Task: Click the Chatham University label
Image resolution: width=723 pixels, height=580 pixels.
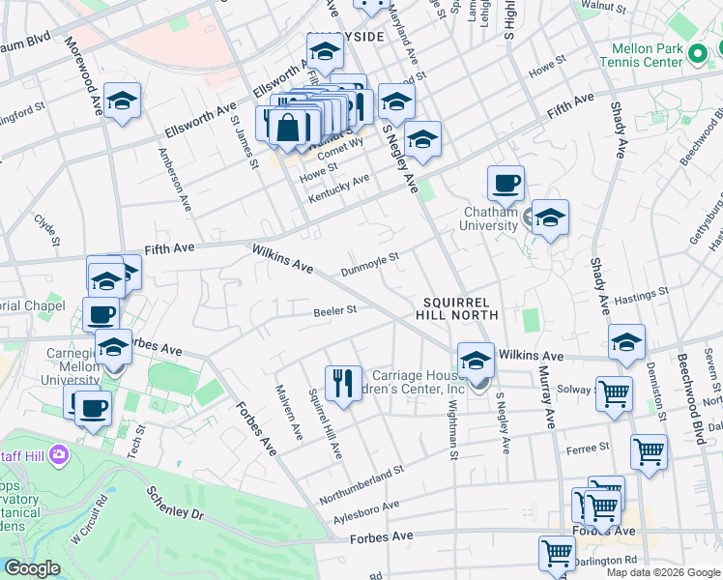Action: pyautogui.click(x=491, y=218)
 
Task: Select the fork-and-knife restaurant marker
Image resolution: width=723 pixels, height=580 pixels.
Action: pyautogui.click(x=343, y=384)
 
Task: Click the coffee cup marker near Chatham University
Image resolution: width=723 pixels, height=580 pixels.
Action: pyautogui.click(x=506, y=183)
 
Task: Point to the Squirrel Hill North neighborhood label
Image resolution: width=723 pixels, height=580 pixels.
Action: pyautogui.click(x=457, y=308)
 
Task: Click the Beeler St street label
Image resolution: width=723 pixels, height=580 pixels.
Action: pyautogui.click(x=335, y=311)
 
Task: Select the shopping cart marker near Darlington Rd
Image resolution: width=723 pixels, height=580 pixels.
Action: pyautogui.click(x=558, y=553)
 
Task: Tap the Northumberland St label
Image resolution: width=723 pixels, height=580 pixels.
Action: pyautogui.click(x=363, y=479)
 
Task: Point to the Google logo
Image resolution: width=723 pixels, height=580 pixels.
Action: pyautogui.click(x=32, y=568)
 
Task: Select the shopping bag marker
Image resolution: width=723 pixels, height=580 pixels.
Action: pyautogui.click(x=290, y=127)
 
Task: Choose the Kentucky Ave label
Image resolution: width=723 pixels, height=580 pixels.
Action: pyautogui.click(x=339, y=188)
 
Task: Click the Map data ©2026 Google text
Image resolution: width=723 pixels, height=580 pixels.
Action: pyautogui.click(x=662, y=572)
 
